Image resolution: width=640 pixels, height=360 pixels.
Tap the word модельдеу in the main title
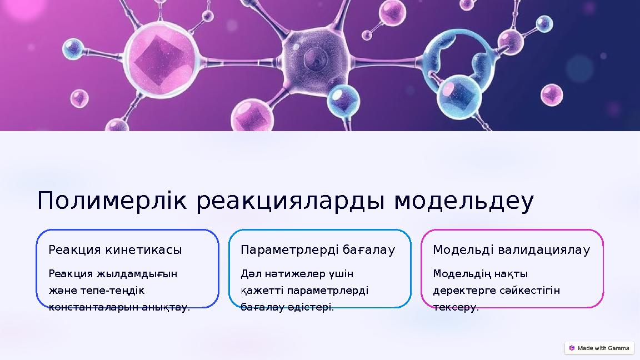464,202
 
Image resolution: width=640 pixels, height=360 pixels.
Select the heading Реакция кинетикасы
115,250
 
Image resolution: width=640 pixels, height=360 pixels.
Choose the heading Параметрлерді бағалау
318,250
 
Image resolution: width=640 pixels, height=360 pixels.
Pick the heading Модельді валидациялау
511,250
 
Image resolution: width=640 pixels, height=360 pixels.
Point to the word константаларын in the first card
89,307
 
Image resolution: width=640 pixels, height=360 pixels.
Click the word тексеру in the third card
454,307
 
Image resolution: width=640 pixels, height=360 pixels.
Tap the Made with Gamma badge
599,348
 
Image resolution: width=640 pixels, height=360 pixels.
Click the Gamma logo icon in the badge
572,348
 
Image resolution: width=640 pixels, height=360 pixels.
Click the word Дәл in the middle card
249,274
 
